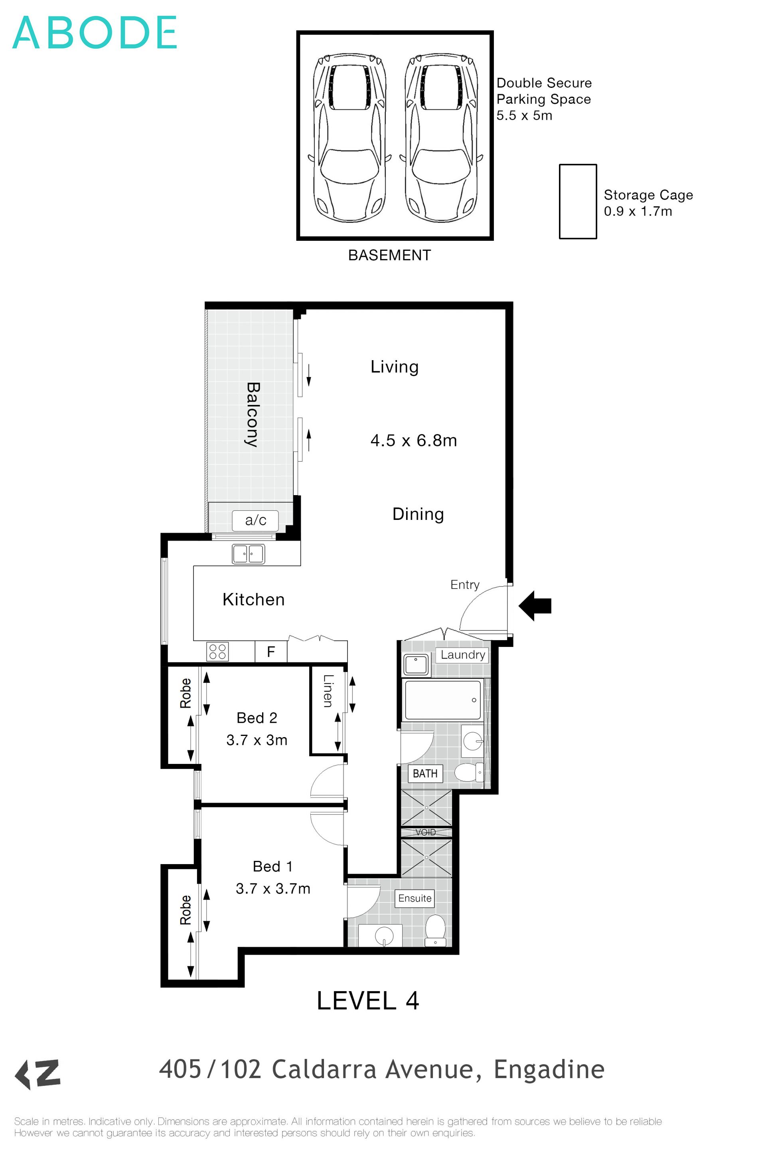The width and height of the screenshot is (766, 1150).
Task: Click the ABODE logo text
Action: coord(94,33)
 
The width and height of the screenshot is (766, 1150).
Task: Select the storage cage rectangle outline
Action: coord(578,201)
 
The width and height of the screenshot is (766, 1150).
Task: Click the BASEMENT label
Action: coord(389,255)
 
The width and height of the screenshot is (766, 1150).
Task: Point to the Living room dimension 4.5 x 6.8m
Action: coord(413,440)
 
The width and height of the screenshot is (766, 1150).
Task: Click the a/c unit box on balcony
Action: coord(255,520)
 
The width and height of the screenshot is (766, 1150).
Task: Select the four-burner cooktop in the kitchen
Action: coord(217,652)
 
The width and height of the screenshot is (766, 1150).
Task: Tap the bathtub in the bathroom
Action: coord(442,700)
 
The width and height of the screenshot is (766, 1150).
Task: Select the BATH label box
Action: coord(425,773)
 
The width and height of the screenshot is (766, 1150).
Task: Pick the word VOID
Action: coord(426,832)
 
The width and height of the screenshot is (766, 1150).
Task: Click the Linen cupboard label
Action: coord(328,691)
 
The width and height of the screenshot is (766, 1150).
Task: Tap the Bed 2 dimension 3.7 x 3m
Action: coord(257,740)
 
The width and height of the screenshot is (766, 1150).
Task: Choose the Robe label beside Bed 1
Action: coord(186,910)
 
